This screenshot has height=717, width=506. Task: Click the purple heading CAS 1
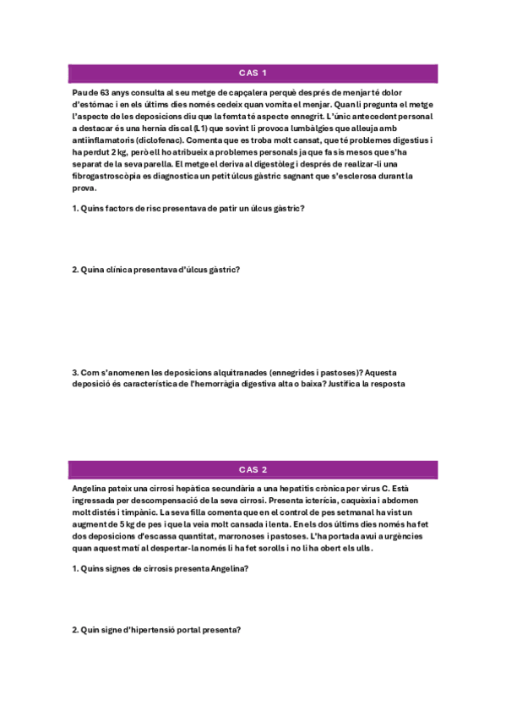(x=253, y=73)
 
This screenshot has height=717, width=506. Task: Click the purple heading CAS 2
(x=253, y=469)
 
